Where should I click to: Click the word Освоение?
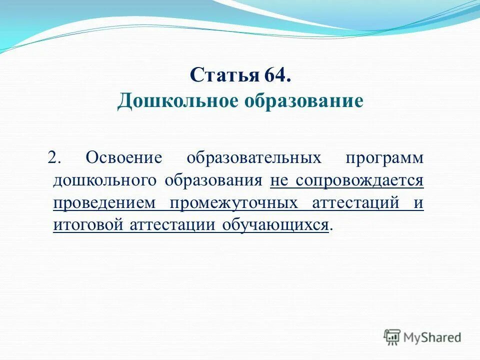[124, 157]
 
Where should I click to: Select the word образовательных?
[253, 157]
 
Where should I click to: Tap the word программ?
[384, 157]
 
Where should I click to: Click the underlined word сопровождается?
[359, 180]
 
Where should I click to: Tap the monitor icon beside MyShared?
[392, 337]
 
